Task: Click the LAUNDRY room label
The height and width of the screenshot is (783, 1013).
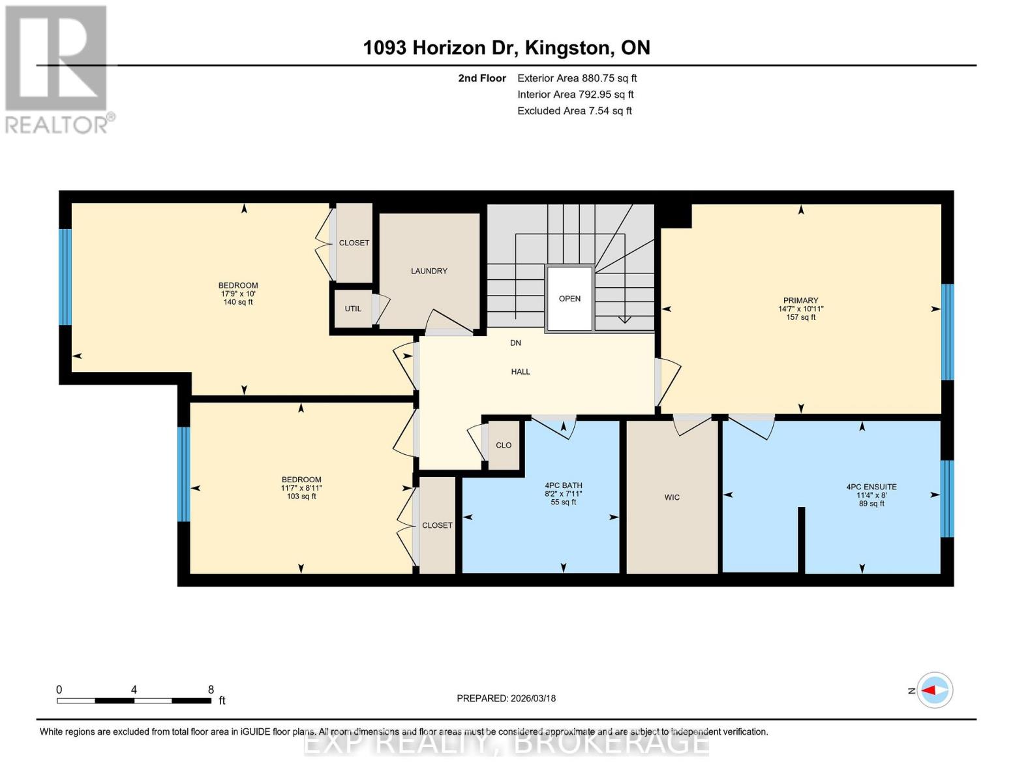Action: pyautogui.click(x=429, y=271)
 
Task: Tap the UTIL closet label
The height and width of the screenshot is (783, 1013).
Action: pyautogui.click(x=353, y=309)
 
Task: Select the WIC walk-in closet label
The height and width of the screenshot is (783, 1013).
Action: pyautogui.click(x=672, y=497)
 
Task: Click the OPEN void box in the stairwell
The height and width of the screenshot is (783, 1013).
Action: pyautogui.click(x=569, y=298)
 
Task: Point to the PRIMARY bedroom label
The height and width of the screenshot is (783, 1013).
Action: pyautogui.click(x=800, y=301)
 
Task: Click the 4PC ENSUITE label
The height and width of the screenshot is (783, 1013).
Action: pyautogui.click(x=871, y=487)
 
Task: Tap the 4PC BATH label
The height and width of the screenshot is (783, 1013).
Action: pyautogui.click(x=564, y=485)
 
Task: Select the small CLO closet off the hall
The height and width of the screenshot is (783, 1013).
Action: pyautogui.click(x=504, y=445)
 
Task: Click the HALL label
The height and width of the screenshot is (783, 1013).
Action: pyautogui.click(x=521, y=371)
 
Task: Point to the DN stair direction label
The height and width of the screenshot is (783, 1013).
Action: pyautogui.click(x=515, y=343)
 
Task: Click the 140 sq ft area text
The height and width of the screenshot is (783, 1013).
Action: pyautogui.click(x=238, y=302)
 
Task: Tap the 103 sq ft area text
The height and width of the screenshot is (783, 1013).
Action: pyautogui.click(x=301, y=497)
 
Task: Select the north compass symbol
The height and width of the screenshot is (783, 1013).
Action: pyautogui.click(x=935, y=690)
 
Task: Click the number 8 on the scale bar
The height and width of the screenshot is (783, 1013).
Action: pyautogui.click(x=211, y=690)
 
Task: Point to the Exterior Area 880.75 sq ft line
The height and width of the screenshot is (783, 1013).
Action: pyautogui.click(x=577, y=78)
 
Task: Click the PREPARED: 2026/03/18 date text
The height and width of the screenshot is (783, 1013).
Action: pyautogui.click(x=506, y=698)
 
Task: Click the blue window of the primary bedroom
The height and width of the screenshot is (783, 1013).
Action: pyautogui.click(x=948, y=331)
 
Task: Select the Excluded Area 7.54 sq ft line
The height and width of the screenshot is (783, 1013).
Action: pyautogui.click(x=574, y=111)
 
